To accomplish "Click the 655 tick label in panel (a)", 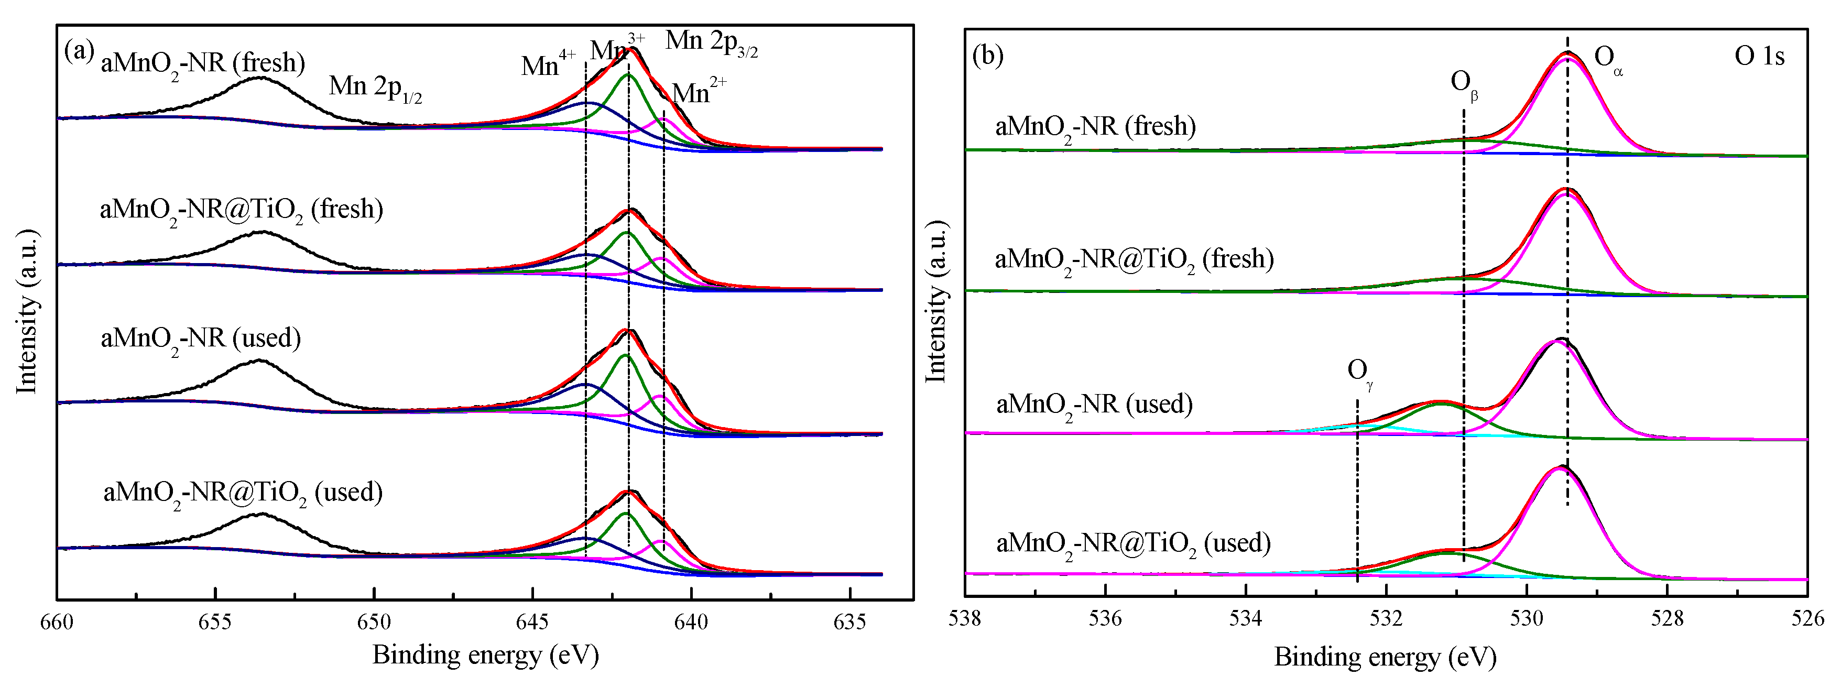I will coord(214,621).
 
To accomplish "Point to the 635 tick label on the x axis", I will coord(849,621).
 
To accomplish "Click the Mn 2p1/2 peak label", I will coord(375,87).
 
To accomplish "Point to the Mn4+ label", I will coord(548,64).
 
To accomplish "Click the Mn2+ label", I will coord(699,92).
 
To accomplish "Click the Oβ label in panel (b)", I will coord(1464,84).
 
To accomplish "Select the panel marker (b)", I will coord(988,55).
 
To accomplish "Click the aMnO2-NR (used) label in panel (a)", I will coord(200,338).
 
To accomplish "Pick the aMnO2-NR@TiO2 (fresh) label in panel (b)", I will coord(1134,259).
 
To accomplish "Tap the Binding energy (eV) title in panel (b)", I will coord(1385,657).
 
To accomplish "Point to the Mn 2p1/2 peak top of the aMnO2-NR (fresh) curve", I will coord(259,77).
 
